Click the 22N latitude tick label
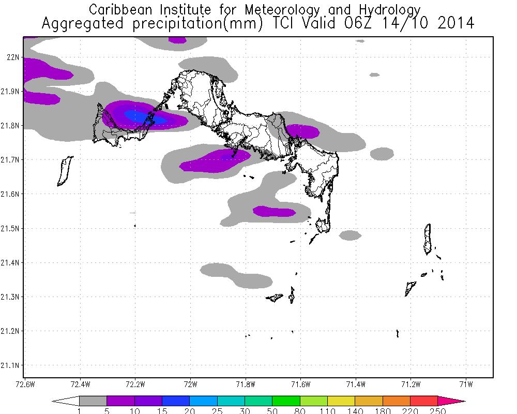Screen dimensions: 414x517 [x=12, y=57]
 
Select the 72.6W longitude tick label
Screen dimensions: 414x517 [x=24, y=384]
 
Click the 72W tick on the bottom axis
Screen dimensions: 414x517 [x=190, y=384]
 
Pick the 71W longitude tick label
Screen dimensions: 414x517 [x=466, y=384]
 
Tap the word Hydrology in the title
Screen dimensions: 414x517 [x=387, y=10]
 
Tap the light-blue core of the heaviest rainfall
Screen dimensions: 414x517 [x=138, y=115]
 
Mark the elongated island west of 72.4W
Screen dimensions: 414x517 [x=64, y=171]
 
